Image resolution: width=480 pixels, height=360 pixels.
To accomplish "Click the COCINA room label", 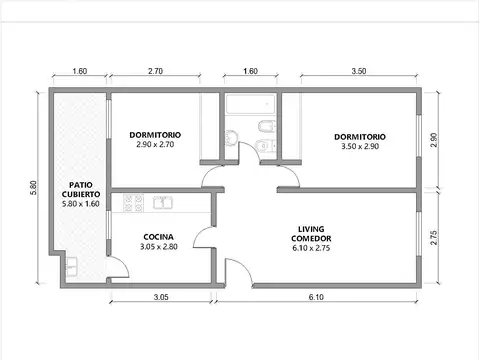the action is [158, 237].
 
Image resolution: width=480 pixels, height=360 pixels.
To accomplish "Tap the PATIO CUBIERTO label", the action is [81, 189].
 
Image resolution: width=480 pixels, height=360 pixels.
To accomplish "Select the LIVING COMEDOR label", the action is [311, 234].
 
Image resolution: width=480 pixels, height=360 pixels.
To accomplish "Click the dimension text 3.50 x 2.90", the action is [360, 146].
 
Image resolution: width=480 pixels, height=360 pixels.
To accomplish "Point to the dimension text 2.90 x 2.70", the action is [155, 144].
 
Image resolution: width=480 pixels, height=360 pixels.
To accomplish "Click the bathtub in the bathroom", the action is [251, 104].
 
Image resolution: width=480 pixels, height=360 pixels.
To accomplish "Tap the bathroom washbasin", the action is [231, 137].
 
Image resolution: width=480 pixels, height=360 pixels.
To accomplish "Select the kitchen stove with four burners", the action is [133, 203].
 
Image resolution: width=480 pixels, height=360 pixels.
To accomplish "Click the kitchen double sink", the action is [163, 203].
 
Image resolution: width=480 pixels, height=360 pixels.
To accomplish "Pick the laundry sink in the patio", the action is [72, 267].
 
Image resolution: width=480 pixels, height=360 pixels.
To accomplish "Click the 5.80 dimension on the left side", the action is [34, 188].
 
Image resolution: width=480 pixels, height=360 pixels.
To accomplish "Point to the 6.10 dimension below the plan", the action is [316, 297].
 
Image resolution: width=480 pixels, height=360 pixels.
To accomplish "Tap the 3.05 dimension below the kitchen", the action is [161, 297].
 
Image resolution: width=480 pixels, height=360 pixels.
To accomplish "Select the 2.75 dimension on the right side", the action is [433, 238].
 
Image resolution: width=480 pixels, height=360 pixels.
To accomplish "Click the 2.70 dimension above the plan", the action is [155, 71].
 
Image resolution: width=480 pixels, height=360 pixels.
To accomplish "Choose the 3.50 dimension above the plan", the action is [359, 71].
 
